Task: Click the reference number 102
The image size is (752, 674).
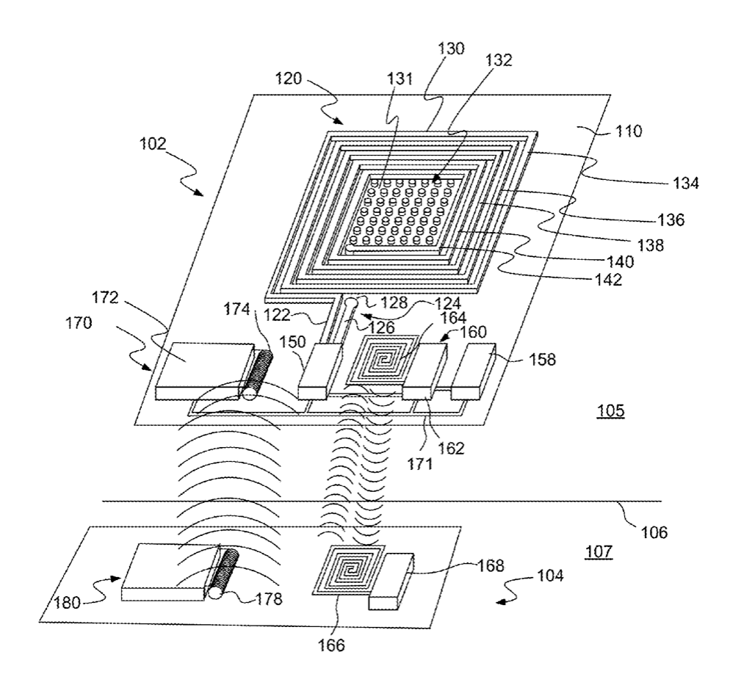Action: pos(153,144)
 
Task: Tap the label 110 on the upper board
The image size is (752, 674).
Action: pos(629,131)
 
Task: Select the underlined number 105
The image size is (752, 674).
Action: pos(610,411)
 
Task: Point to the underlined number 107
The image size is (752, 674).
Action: pos(599,552)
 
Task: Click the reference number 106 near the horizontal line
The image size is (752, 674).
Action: pos(654,532)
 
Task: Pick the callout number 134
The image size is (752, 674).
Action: pos(686,183)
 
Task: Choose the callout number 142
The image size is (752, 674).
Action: pos(609,279)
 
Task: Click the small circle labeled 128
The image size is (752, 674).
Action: pos(351,303)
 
